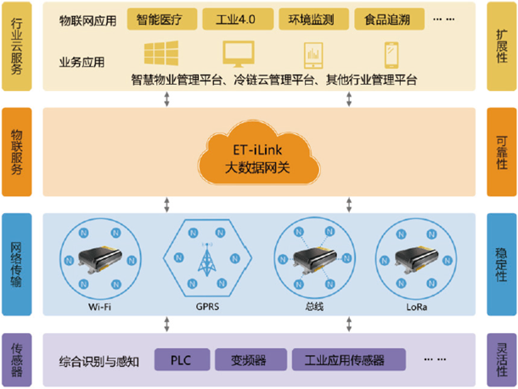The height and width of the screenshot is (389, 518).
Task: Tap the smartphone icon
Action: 392,55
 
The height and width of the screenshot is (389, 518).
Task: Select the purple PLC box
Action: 179,359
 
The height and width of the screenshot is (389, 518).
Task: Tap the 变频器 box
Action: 249,359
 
